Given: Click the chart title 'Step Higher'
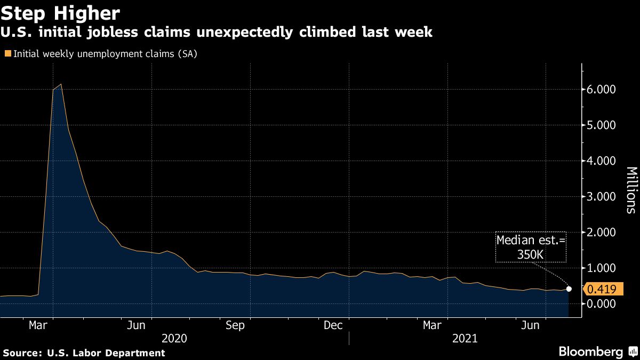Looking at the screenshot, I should point(60,13).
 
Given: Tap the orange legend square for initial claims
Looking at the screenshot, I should point(7,54).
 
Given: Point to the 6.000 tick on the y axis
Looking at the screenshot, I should point(602,90).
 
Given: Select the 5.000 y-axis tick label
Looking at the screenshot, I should point(602,125).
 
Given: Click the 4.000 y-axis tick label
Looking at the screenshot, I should point(602,161).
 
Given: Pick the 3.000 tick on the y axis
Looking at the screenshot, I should point(602,197).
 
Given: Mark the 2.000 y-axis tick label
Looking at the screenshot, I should point(602,233).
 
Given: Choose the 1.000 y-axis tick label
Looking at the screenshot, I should point(602,268).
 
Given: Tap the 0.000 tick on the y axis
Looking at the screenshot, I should point(602,303).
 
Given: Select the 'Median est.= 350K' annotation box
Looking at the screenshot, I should point(530,247).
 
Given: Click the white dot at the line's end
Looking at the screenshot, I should point(569,289).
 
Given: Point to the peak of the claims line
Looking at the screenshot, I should point(61,84).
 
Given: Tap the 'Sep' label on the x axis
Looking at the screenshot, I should point(235,325).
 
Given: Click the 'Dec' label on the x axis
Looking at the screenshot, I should point(333,325).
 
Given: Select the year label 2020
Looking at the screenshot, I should point(174,338).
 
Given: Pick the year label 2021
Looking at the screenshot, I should point(464,338).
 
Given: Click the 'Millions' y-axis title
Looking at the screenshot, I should point(631,190).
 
